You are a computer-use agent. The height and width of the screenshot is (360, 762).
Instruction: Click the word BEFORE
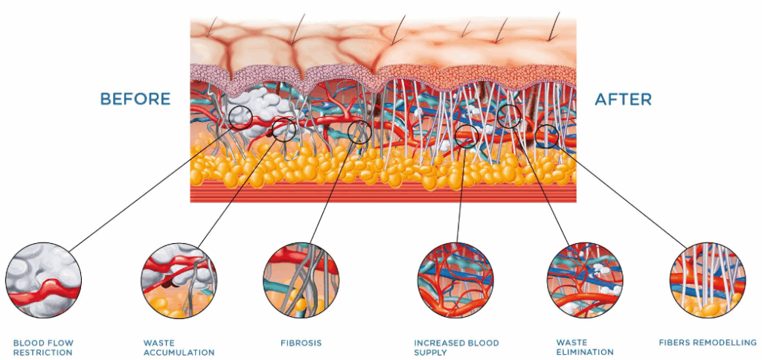(135, 99)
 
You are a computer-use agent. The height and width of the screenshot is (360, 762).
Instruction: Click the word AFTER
(623, 99)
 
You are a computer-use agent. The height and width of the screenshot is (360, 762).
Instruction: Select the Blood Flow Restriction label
(43, 347)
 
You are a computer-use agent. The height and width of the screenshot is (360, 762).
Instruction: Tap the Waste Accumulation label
(179, 347)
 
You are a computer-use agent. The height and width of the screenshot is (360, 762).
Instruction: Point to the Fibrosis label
(301, 343)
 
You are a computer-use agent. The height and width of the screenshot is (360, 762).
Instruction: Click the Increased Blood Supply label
(456, 347)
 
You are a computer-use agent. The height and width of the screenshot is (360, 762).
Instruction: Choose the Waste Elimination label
(585, 347)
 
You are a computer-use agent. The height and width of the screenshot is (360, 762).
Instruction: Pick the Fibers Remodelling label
(708, 343)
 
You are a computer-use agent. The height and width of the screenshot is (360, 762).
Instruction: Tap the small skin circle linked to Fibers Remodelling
(547, 135)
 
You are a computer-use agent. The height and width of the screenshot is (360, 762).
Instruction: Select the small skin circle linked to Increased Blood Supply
(467, 136)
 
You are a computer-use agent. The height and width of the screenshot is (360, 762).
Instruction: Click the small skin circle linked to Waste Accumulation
(284, 129)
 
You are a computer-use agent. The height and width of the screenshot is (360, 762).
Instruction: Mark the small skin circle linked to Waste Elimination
(509, 115)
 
